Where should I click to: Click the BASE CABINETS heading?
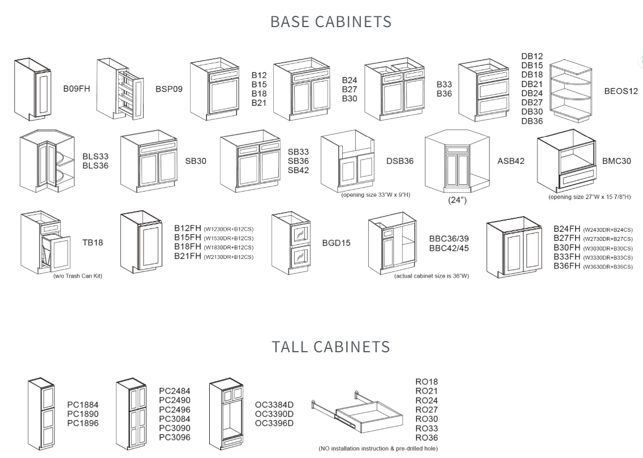(331, 21)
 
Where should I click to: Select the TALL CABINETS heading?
(331, 346)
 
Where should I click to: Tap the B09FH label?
(77, 89)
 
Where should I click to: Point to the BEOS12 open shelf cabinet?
(570, 91)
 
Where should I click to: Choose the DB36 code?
(532, 121)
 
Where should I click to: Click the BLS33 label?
(96, 157)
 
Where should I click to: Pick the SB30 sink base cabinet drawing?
(149, 162)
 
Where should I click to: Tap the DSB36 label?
(400, 161)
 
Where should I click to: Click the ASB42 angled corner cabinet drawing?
(456, 161)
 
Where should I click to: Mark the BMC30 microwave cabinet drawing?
(567, 162)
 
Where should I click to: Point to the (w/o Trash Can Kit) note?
(77, 276)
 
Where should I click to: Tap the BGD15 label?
(336, 243)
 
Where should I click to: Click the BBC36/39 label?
(448, 239)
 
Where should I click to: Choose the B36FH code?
(567, 266)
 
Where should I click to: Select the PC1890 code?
(83, 414)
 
